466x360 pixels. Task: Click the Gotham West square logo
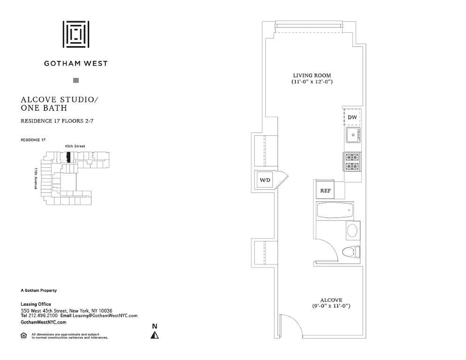click(76, 34)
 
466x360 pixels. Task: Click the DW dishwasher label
click(352, 117)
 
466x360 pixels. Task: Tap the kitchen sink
click(353, 135)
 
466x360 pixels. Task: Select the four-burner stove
click(352, 162)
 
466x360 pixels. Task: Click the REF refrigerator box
click(325, 190)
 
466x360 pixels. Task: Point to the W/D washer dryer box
click(265, 180)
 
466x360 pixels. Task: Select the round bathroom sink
click(352, 231)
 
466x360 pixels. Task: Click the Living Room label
click(312, 75)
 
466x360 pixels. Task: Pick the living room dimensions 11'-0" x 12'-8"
click(312, 82)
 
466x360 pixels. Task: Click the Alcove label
click(331, 300)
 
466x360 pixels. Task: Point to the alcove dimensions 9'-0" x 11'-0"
click(331, 306)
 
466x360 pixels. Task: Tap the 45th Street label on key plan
click(75, 146)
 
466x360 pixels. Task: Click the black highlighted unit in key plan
click(68, 157)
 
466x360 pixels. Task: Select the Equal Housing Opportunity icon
click(24, 335)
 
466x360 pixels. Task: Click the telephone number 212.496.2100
click(43, 316)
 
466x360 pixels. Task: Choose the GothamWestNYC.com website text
click(44, 322)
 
